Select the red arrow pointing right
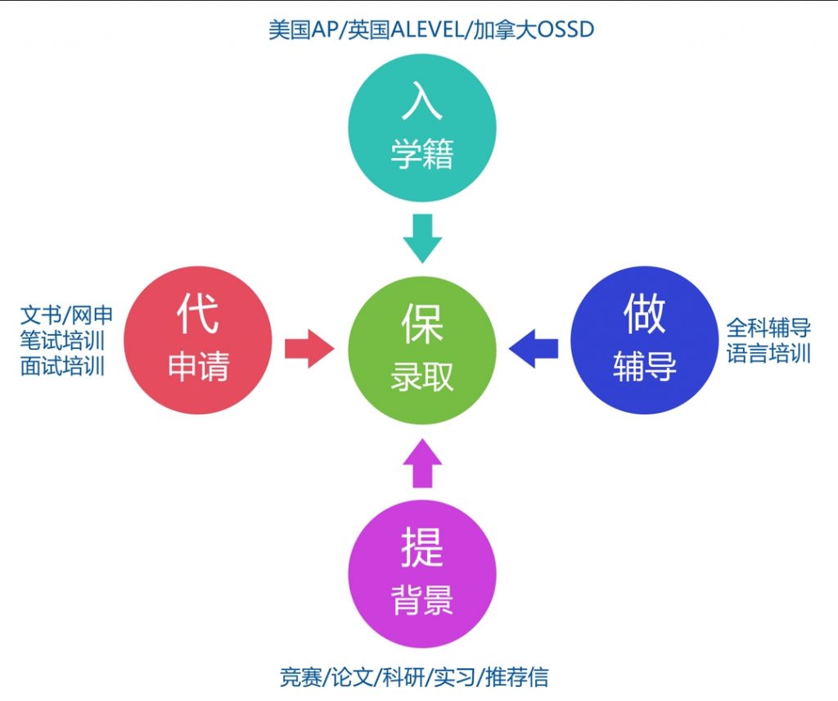309,350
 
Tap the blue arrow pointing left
534,349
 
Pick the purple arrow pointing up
422,464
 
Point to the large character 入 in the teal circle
422,102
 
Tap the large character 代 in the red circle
198,314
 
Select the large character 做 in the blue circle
644,314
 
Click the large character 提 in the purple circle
422,548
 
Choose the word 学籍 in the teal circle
422,154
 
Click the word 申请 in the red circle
198,367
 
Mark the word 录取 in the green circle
422,377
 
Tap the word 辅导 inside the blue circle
644,367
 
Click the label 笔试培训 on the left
63,340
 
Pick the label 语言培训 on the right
768,354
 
